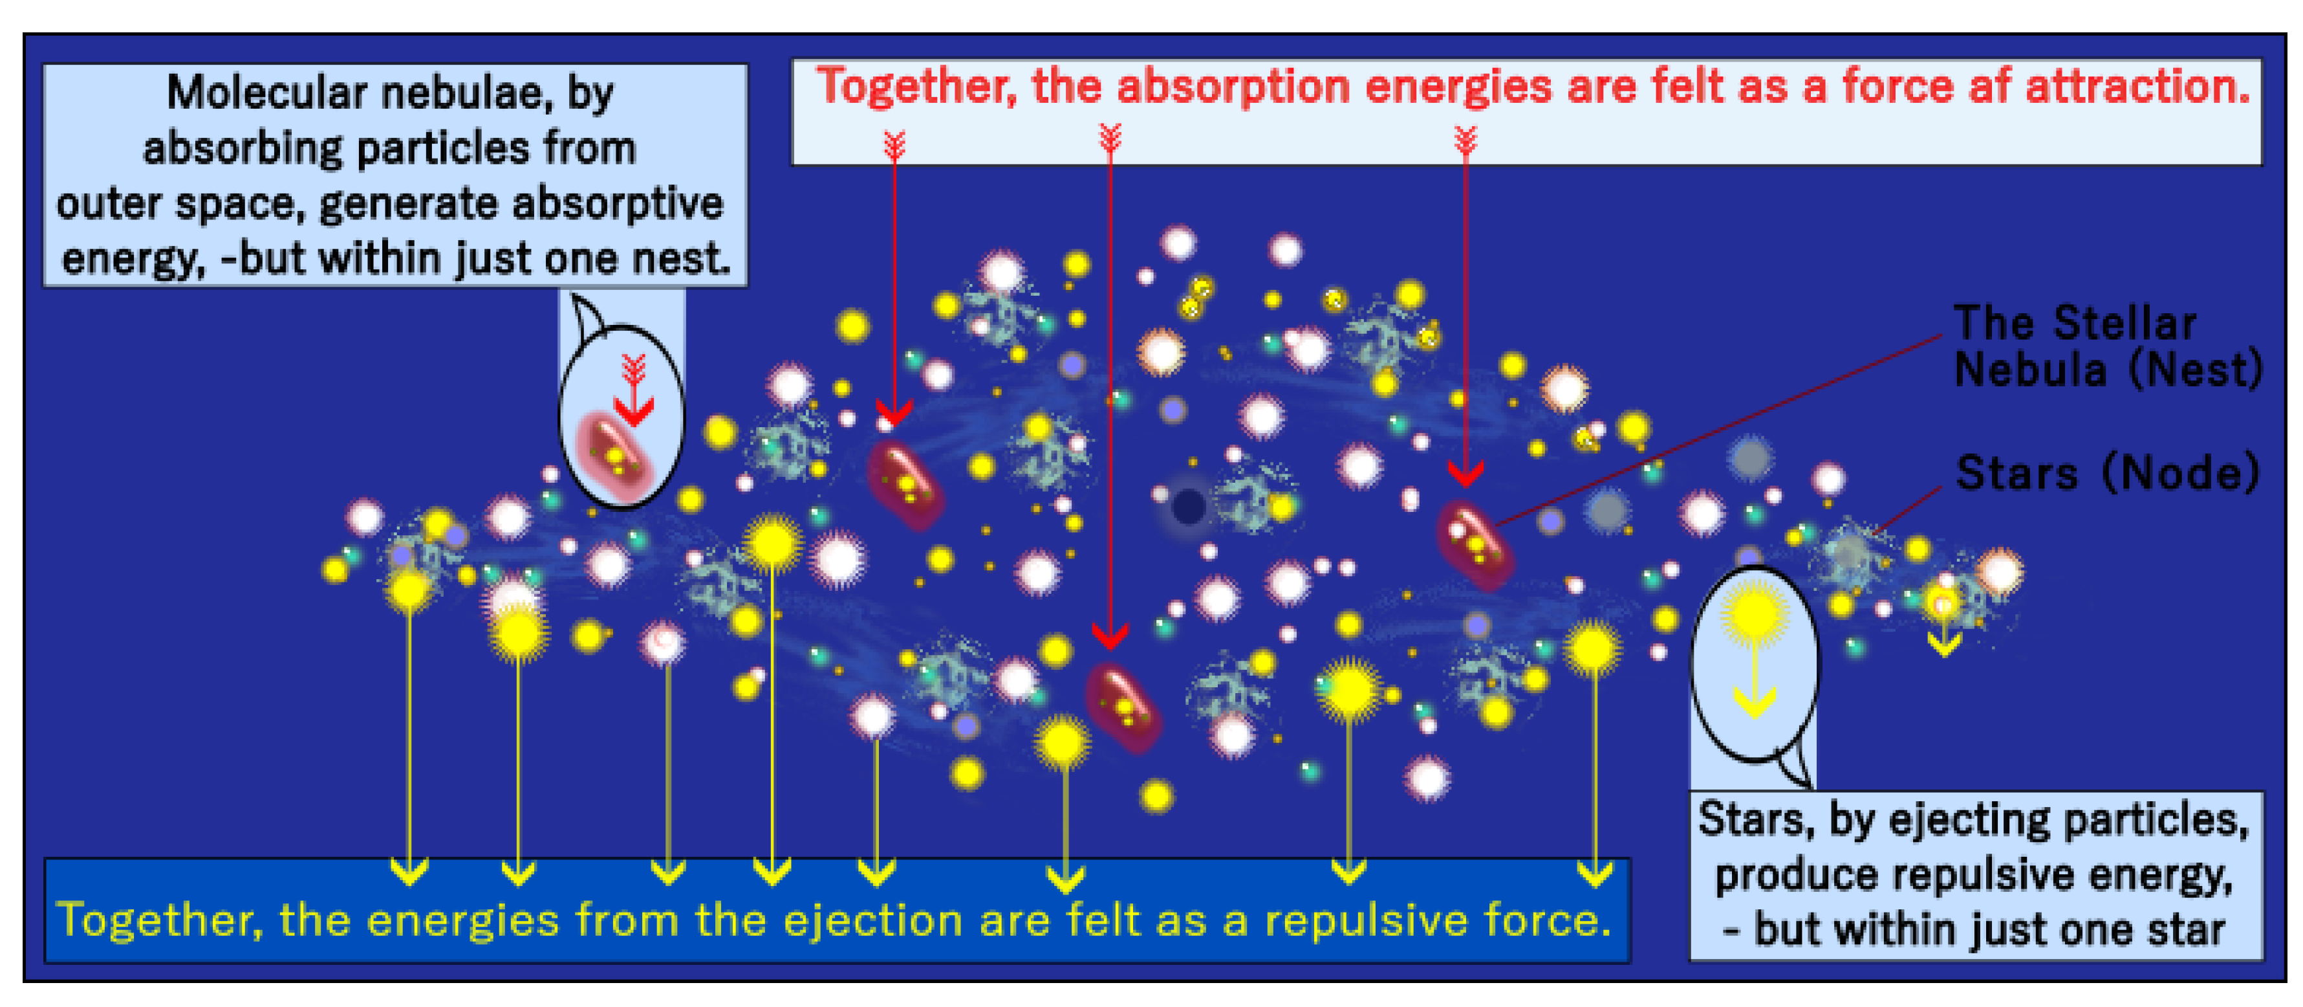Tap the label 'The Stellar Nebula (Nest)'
pyautogui.click(x=2107, y=347)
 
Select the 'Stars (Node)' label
pyautogui.click(x=2107, y=473)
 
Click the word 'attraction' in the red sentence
pyautogui.click(x=2137, y=87)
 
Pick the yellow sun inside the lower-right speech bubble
pyautogui.click(x=1756, y=614)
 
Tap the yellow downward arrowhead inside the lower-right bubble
pyautogui.click(x=1755, y=703)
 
